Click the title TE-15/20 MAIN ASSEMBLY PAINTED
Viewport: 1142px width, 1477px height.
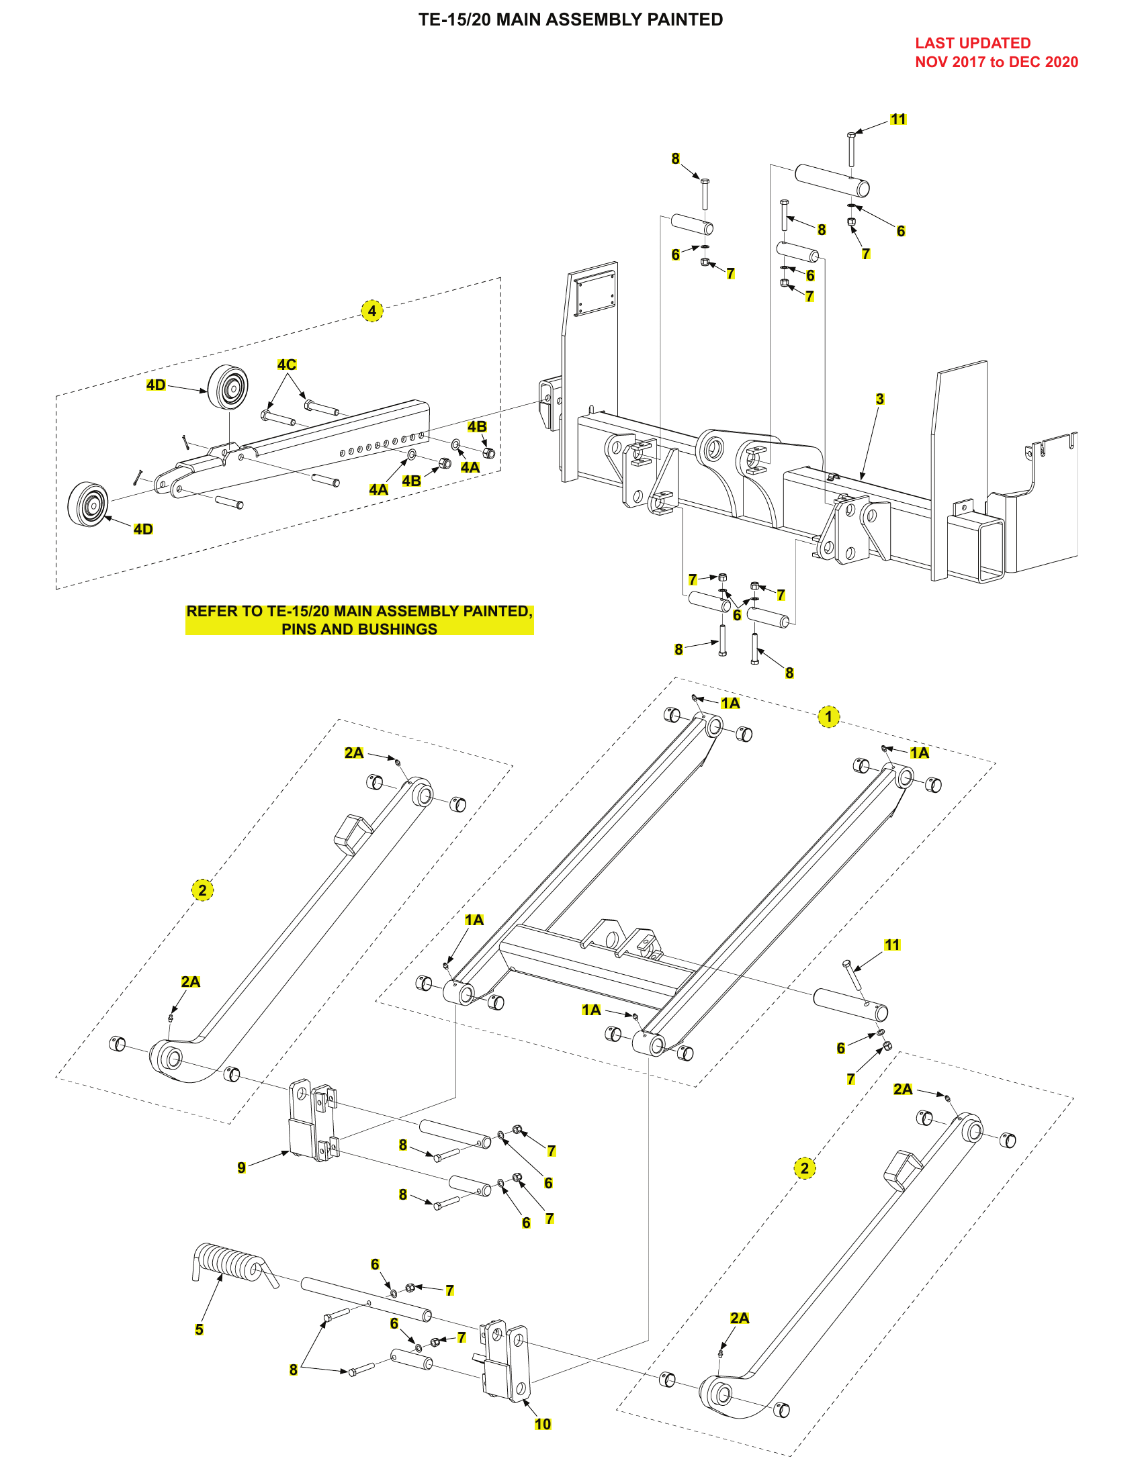coord(570,19)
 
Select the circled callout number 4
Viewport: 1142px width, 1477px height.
coord(371,311)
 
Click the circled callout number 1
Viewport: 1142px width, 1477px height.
coord(828,717)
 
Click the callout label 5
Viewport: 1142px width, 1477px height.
coord(199,1329)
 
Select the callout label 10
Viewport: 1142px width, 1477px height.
coord(543,1424)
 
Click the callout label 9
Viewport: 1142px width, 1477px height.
coord(242,1168)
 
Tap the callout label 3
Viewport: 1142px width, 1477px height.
coord(879,399)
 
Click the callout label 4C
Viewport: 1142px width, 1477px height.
coord(286,365)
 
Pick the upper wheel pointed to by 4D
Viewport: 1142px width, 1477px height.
coord(228,387)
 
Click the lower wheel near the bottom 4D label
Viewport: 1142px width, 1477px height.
coord(89,504)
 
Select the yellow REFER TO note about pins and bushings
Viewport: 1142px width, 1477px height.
coord(359,620)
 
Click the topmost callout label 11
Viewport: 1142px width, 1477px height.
coord(897,120)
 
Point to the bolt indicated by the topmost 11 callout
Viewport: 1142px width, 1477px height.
coord(851,149)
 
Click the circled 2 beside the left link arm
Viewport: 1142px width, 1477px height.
coord(202,890)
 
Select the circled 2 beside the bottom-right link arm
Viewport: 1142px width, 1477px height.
coord(804,1168)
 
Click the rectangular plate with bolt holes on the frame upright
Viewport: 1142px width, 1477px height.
coord(595,294)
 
